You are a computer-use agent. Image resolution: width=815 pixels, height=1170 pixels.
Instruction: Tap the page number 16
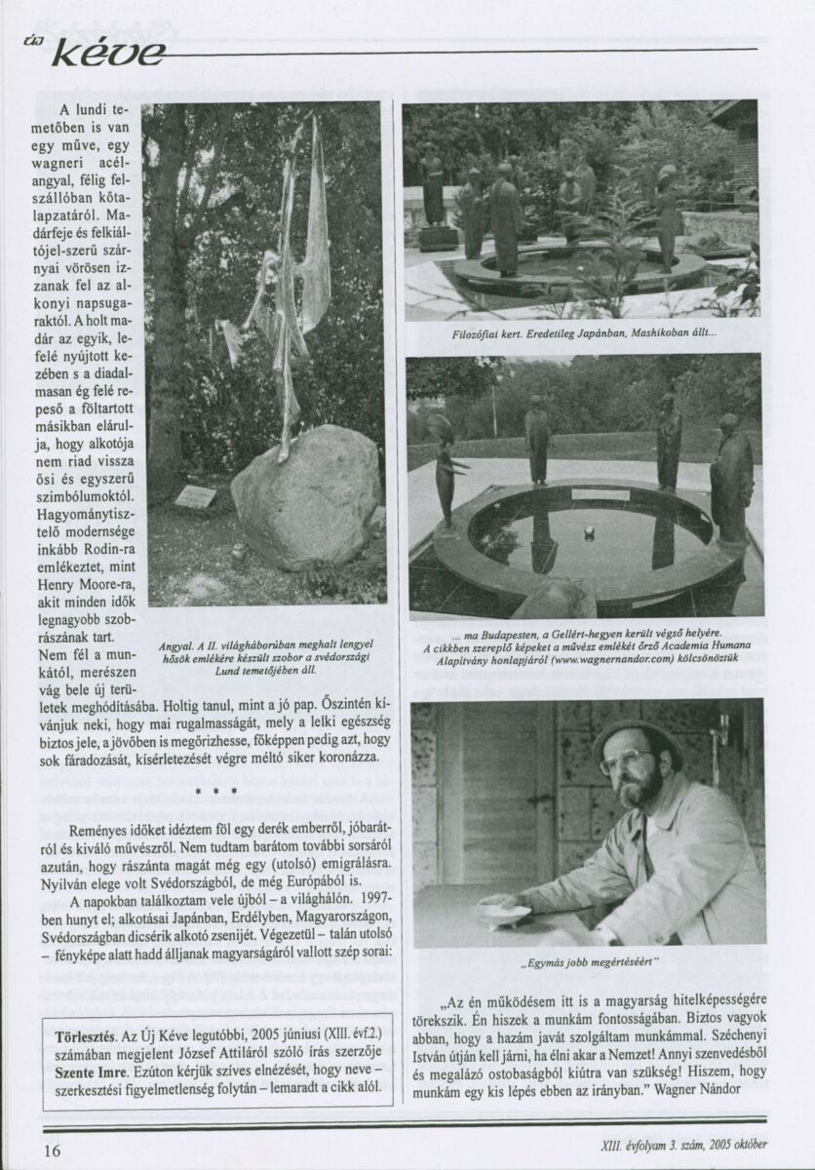pyautogui.click(x=52, y=1150)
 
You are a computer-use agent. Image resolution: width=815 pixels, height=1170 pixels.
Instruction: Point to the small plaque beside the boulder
pyautogui.click(x=195, y=496)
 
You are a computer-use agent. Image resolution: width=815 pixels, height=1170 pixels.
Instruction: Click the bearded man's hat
pyautogui.click(x=638, y=734)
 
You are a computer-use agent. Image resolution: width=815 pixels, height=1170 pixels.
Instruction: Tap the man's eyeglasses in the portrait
pyautogui.click(x=626, y=760)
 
